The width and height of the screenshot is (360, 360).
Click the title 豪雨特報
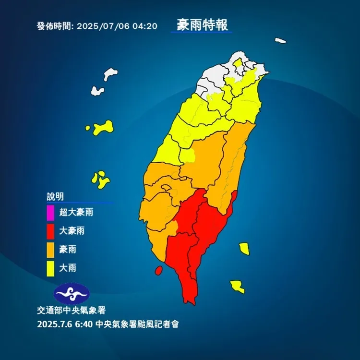201,25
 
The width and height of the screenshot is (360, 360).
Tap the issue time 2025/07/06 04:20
117,26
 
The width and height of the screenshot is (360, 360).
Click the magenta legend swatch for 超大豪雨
50,212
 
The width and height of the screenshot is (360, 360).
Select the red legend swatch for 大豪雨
50,230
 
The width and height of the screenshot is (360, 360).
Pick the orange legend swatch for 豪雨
50,249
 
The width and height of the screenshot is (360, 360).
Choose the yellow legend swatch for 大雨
50,268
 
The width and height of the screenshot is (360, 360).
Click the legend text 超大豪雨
76,212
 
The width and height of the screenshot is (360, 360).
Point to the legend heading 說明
55,196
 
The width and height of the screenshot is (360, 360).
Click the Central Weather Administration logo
71,292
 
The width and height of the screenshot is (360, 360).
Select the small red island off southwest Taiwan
158,271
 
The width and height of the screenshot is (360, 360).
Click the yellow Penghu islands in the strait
101,180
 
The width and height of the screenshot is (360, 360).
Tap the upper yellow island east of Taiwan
244,248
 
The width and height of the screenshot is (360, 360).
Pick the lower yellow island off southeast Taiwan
237,287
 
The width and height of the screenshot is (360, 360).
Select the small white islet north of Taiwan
281,41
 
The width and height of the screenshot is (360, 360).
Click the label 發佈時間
54,26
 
